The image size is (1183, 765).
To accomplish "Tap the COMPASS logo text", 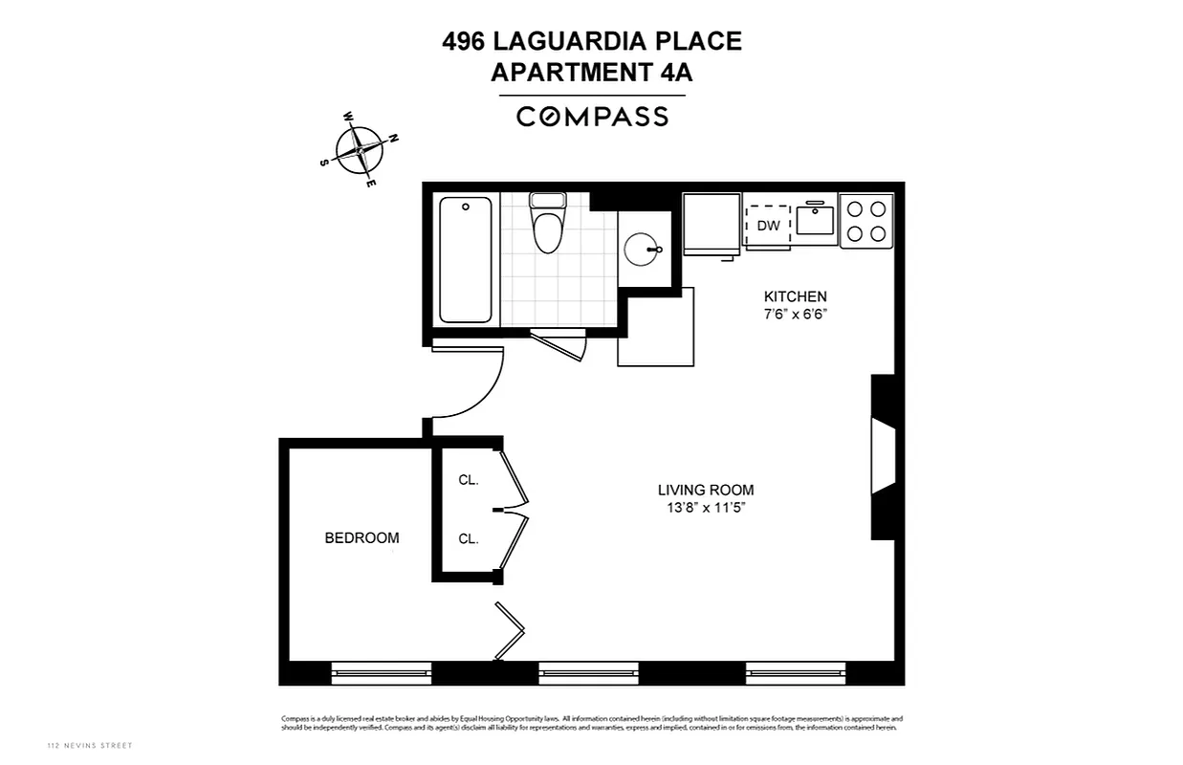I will click(592, 117).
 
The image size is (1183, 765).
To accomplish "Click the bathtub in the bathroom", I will click(466, 258).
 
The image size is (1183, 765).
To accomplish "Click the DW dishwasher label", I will click(768, 226).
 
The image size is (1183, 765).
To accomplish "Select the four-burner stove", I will click(866, 220).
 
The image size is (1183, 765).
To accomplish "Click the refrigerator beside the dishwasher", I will click(711, 224).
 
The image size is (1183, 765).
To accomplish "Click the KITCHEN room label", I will click(794, 296).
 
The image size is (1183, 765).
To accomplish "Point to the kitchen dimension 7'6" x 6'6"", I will click(794, 315).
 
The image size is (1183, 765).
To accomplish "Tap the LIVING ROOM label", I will click(706, 491).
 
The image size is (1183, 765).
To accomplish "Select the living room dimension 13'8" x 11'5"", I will click(706, 509).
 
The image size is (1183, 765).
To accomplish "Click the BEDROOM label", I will click(361, 538).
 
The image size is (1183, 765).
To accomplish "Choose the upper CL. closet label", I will click(468, 480).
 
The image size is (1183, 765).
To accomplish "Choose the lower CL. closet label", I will click(468, 539).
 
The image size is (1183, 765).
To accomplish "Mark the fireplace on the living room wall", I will click(883, 457).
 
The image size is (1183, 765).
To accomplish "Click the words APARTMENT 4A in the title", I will click(592, 72).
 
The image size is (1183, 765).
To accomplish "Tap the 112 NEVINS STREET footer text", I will click(90, 746).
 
